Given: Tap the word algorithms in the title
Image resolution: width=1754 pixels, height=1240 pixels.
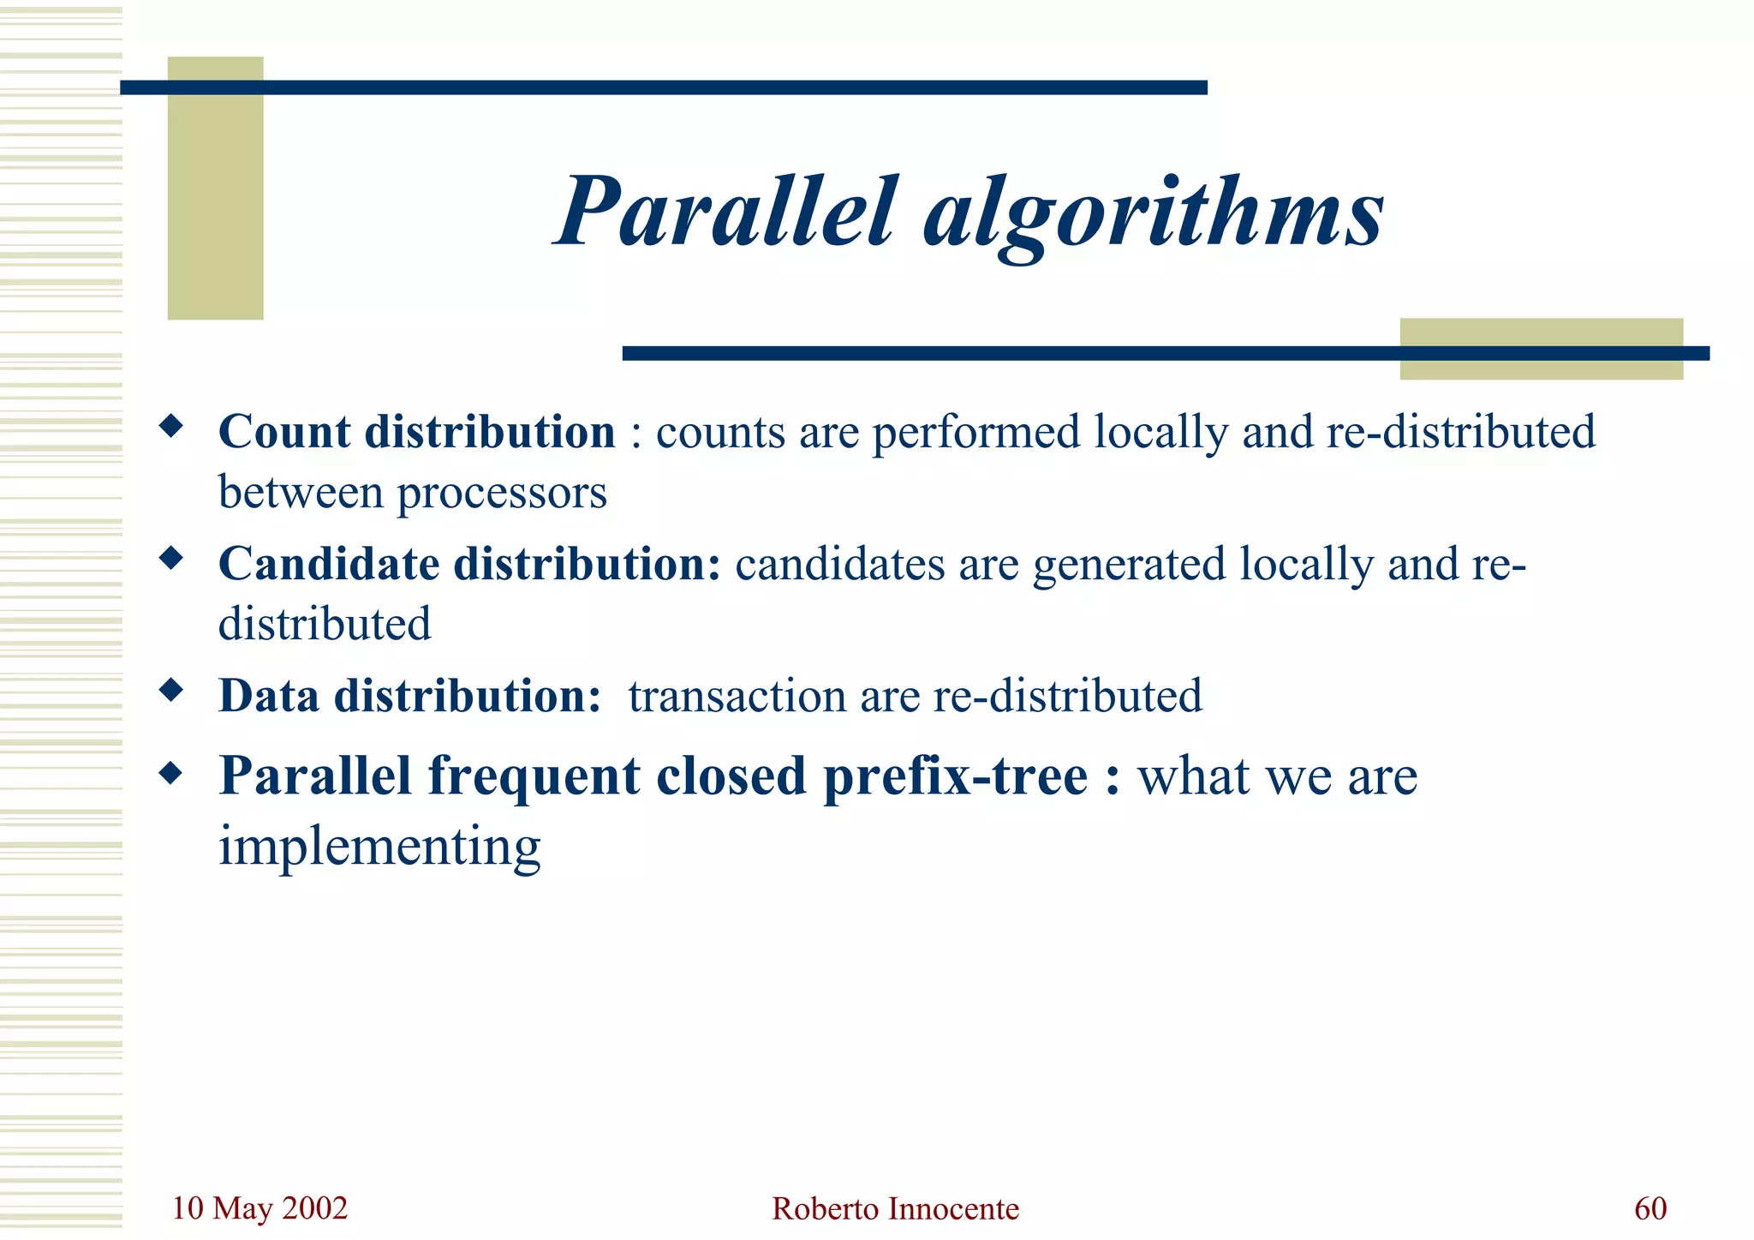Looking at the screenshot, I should (1153, 214).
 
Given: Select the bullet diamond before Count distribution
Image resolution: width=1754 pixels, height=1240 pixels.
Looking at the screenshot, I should (171, 426).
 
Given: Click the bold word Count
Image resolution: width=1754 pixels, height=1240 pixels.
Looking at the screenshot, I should (284, 432).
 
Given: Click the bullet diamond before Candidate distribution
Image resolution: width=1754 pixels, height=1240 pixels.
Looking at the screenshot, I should (171, 559).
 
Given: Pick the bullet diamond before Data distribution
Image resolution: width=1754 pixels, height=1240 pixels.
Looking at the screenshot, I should (171, 690).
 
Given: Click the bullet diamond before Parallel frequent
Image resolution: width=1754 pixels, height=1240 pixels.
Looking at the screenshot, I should (171, 774).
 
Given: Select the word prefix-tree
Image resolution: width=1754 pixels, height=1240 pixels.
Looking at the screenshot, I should (956, 777).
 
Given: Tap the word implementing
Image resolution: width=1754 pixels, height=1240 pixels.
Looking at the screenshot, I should (379, 847).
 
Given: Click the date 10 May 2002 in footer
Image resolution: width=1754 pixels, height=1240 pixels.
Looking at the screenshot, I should (260, 1208).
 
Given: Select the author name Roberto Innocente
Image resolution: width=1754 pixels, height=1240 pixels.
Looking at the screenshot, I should (895, 1209).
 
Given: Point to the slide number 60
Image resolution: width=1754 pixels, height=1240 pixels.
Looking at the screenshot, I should (1650, 1208).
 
